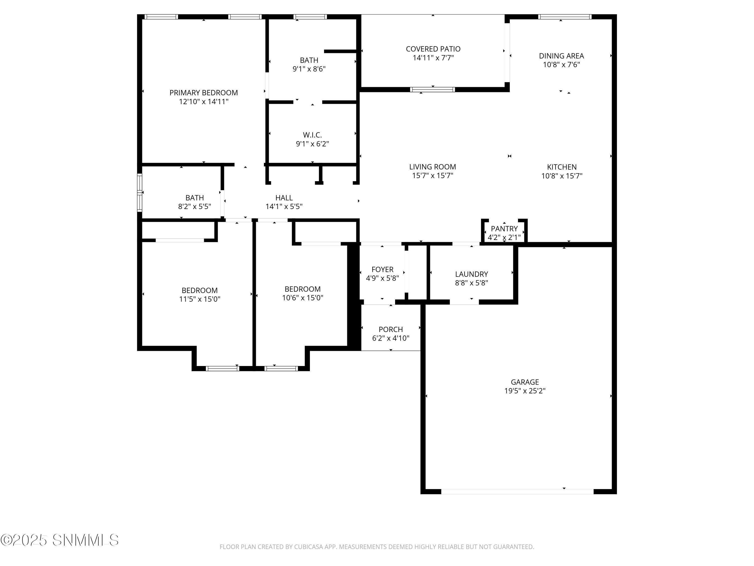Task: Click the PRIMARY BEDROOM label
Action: click(204, 93)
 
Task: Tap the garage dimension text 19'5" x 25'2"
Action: click(525, 391)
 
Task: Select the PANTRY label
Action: click(504, 229)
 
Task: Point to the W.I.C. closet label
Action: click(312, 135)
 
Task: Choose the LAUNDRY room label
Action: click(472, 274)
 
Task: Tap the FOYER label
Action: click(383, 269)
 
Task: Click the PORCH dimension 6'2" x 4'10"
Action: click(391, 338)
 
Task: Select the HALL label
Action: click(284, 198)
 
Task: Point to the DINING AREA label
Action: click(561, 56)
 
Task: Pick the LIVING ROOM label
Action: click(433, 167)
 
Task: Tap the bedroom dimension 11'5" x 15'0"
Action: click(200, 299)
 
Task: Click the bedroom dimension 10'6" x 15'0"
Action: click(303, 298)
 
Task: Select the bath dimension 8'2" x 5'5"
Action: click(195, 207)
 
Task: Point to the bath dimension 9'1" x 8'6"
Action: click(309, 69)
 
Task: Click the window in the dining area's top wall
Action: click(565, 17)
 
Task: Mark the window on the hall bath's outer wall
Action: click(139, 193)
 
